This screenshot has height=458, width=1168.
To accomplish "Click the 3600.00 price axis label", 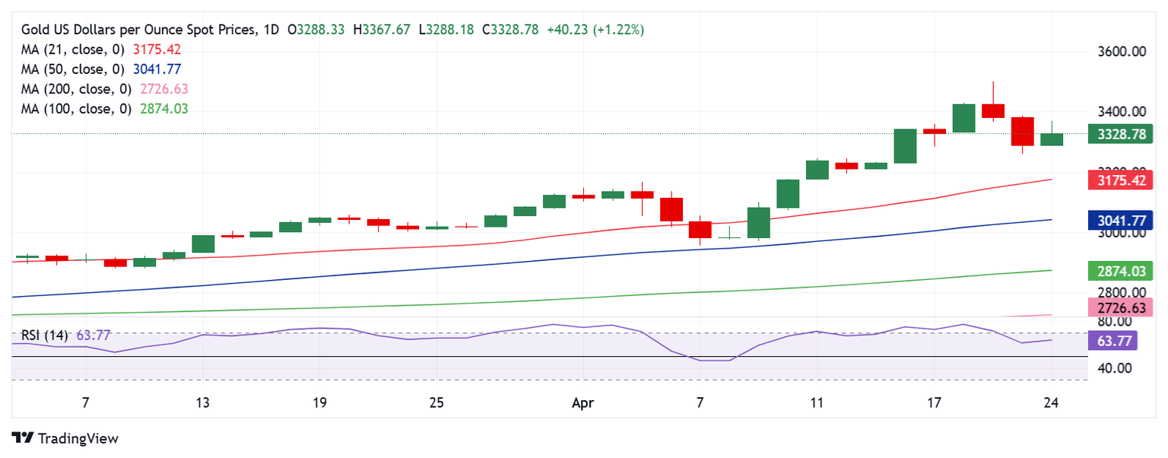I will [1122, 52].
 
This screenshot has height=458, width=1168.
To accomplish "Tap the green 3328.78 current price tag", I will [1121, 135].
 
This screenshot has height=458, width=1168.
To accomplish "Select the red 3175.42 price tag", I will [1121, 180].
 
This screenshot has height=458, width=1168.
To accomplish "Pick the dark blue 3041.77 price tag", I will [1121, 221].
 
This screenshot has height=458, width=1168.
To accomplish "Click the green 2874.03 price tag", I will [1121, 270].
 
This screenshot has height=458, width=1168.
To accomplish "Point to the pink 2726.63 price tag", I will [1121, 307].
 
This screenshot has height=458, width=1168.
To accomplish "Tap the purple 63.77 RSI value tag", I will [1112, 340].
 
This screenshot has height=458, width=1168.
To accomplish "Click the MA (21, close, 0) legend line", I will [100, 49].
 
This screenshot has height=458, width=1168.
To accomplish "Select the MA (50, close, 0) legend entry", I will [100, 69].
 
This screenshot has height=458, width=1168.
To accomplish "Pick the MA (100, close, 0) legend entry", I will [104, 109].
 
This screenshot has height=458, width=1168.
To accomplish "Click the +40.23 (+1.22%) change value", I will [595, 30].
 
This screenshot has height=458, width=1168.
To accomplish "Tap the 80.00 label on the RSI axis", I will [1122, 322].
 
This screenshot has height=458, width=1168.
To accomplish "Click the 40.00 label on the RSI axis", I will [1122, 368].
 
